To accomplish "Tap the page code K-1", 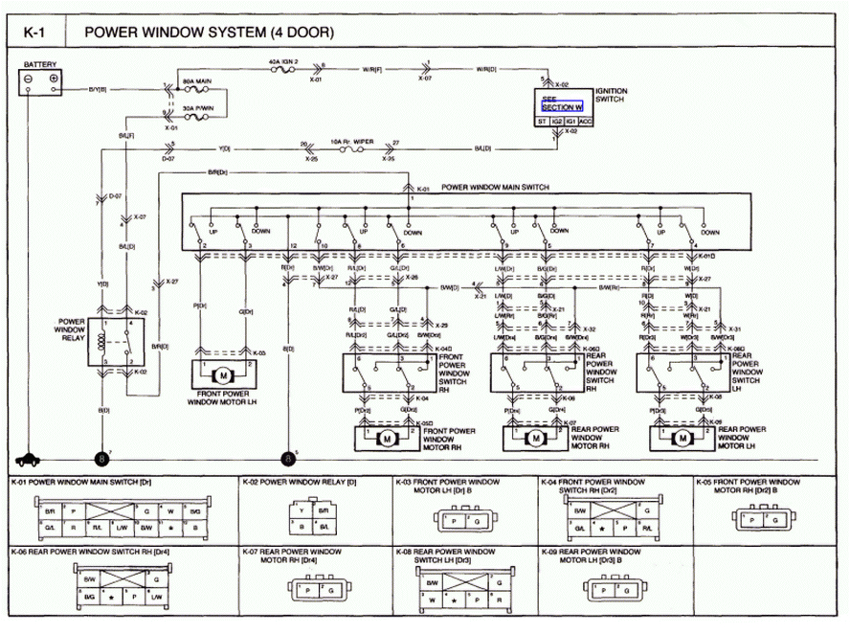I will coord(34,32).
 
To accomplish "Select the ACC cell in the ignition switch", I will coord(585,121).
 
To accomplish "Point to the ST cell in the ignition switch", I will coord(541,121).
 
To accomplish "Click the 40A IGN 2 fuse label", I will coord(284,60).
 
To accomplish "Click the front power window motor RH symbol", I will coord(389,438).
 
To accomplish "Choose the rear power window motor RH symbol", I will coord(536,438).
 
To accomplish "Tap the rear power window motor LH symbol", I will coord(682,438).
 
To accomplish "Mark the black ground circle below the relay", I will coord(102,459).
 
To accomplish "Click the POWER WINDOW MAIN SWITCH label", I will coord(495,188).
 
